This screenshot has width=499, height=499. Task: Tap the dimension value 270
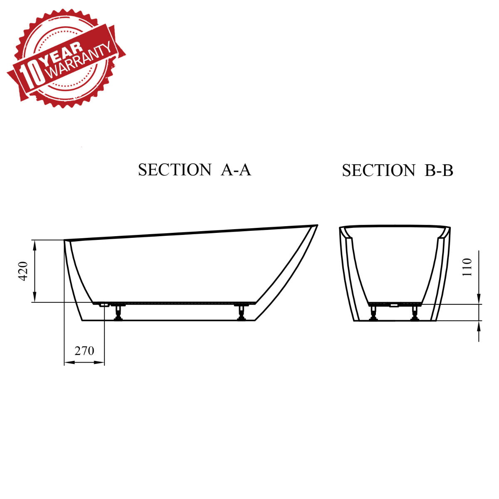click(x=84, y=351)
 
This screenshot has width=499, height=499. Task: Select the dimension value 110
click(x=467, y=267)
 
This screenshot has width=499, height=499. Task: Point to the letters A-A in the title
click(x=236, y=170)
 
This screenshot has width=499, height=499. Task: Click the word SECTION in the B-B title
click(x=378, y=170)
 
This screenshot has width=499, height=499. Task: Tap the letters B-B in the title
click(x=439, y=170)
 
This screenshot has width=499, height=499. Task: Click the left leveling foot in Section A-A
click(x=119, y=312)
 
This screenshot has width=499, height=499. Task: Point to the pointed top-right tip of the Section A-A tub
click(x=317, y=226)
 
